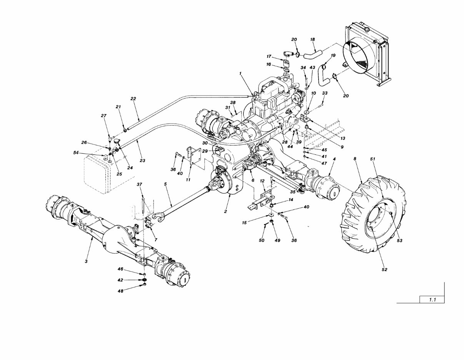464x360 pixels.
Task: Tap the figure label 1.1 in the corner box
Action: [432, 300]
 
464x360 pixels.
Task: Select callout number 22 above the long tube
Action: [133, 99]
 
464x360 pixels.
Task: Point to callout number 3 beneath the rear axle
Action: [86, 261]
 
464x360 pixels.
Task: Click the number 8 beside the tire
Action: [354, 158]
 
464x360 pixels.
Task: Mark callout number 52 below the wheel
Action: [384, 270]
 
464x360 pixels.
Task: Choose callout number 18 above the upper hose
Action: [312, 39]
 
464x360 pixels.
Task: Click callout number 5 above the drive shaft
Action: [165, 184]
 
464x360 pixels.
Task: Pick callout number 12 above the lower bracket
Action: [262, 181]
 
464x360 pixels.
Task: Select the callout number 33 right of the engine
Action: [325, 93]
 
